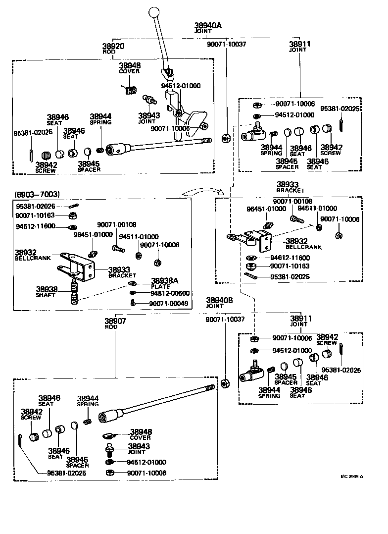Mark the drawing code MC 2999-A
[x=352, y=477]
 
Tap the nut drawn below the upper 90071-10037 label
[x=226, y=139]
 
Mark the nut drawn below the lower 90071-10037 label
[x=226, y=383]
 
